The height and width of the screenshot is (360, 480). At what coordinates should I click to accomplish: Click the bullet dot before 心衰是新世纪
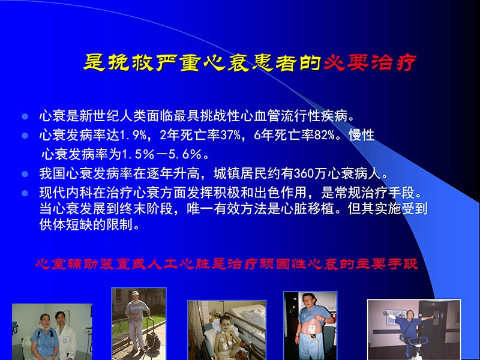pyautogui.click(x=25, y=115)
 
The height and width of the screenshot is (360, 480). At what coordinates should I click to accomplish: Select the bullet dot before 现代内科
pyautogui.click(x=25, y=194)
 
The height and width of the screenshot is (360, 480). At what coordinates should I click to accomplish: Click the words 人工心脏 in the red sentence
pyautogui.click(x=173, y=264)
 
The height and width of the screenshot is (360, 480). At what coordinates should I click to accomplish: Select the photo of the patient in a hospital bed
pyautogui.click(x=226, y=329)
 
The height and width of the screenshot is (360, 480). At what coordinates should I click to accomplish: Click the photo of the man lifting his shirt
pyautogui.click(x=310, y=325)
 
